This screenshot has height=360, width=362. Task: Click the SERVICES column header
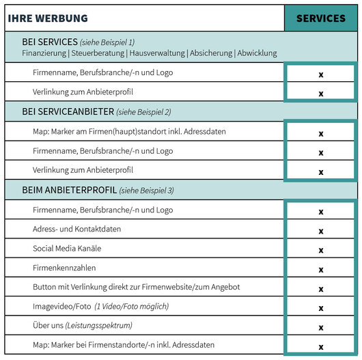(x=321, y=18)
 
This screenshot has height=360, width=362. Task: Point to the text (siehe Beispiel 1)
(x=107, y=42)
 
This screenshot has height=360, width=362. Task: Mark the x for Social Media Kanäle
(x=320, y=250)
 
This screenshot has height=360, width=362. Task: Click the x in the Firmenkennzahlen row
(x=320, y=269)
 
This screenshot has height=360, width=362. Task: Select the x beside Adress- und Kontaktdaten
(x=320, y=231)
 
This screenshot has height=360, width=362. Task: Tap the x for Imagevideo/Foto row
(x=320, y=308)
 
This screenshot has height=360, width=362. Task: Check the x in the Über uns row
(x=320, y=327)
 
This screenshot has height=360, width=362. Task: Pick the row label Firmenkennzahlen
(x=64, y=268)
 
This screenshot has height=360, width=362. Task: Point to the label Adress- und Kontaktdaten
(x=76, y=229)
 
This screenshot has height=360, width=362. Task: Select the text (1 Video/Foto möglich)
(x=131, y=307)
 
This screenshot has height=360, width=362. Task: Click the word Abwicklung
(x=256, y=53)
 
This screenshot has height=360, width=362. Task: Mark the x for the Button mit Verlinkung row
(x=320, y=289)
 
